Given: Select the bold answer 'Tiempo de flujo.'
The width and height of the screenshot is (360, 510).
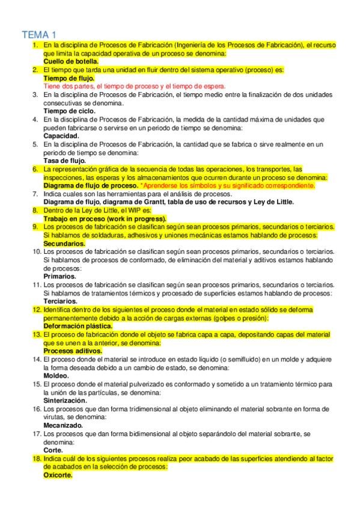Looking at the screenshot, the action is [69, 78].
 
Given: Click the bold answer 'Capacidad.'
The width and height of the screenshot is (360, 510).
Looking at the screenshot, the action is [61, 136].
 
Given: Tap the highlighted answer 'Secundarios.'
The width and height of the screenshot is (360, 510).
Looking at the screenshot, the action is [64, 244].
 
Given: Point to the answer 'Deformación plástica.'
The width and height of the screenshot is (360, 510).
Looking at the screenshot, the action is [78, 325].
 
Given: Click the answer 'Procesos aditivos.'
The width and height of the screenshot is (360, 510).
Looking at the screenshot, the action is [73, 351].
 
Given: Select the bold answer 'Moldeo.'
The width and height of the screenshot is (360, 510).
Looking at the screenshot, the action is [57, 375].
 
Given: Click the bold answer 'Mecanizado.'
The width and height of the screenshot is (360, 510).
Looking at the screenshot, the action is [64, 425].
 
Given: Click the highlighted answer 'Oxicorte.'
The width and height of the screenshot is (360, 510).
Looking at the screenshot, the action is [58, 475].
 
